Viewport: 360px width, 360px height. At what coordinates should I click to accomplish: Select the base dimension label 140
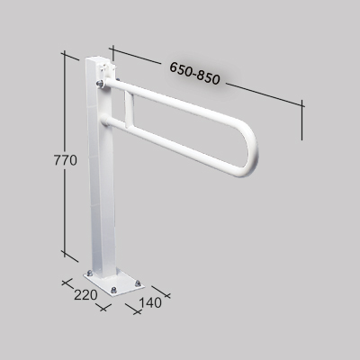[x=150, y=302]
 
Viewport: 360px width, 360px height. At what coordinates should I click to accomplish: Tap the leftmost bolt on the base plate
[x=90, y=274]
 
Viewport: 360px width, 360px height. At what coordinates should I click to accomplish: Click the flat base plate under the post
[x=113, y=279]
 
